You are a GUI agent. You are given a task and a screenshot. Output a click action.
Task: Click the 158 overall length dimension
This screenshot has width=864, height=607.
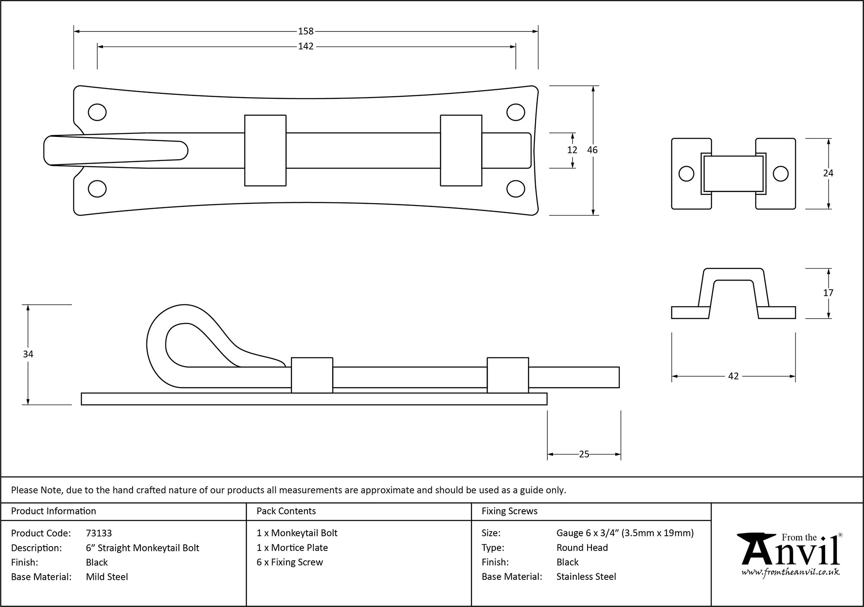click(305, 31)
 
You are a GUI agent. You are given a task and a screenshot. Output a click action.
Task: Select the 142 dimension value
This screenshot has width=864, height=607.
click(305, 46)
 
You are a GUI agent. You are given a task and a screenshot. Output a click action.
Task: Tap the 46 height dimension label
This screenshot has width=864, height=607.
click(592, 150)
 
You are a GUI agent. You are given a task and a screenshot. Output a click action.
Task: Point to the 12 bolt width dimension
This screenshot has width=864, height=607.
click(572, 150)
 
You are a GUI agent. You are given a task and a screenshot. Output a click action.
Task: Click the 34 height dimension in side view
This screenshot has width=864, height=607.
click(28, 354)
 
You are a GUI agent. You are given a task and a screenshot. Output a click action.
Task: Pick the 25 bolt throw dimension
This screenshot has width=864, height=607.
click(584, 454)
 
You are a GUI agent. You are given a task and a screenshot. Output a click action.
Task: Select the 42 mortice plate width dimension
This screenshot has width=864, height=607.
click(733, 376)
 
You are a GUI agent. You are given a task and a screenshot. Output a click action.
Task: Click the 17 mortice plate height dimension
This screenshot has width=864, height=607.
click(828, 293)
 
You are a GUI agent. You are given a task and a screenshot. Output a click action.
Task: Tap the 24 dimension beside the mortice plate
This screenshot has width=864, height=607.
click(828, 173)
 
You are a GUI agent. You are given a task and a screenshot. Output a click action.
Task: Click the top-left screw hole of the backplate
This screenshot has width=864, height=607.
click(97, 112)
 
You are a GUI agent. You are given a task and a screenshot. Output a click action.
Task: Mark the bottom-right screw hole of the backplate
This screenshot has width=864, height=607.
click(515, 189)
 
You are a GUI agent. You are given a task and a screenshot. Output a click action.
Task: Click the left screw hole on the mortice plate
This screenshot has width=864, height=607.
click(686, 174)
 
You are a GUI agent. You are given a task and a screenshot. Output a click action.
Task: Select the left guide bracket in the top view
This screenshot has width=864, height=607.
click(265, 150)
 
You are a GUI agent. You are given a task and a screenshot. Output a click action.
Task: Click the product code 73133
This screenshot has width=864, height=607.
click(99, 533)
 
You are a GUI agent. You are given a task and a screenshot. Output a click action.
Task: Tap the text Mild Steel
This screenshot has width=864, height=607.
click(107, 577)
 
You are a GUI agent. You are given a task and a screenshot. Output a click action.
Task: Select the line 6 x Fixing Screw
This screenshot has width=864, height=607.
click(289, 562)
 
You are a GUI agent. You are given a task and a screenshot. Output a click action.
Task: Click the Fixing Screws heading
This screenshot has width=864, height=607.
click(509, 511)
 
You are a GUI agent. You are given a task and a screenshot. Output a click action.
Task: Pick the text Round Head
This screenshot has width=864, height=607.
click(582, 547)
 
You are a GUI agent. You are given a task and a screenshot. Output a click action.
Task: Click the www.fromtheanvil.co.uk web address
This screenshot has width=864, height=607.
click(790, 572)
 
